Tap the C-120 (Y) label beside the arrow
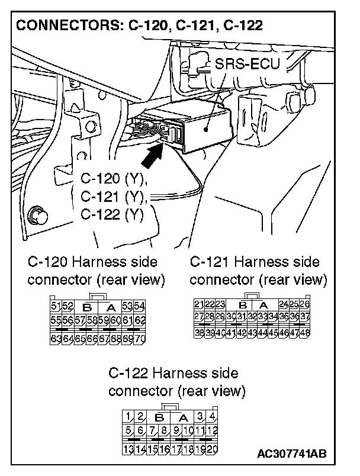point(114,178)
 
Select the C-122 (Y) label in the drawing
point(111,214)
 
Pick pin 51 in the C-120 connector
point(56,306)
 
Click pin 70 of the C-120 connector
point(140,339)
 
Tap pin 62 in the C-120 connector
point(140,320)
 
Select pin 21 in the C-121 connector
point(199,304)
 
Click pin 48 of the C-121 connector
point(305,333)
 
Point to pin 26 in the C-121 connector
point(305,304)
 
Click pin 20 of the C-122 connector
point(212,449)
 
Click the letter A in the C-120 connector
point(110,307)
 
